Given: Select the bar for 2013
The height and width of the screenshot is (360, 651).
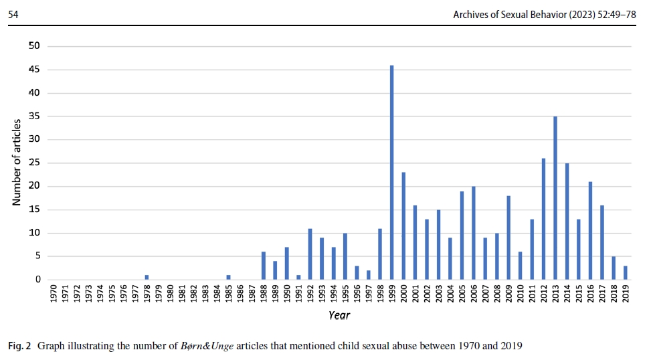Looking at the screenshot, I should point(555,198).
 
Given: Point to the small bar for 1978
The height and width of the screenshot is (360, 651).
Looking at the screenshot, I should point(147,278).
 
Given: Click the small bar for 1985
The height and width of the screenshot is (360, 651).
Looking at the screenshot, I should point(228,278).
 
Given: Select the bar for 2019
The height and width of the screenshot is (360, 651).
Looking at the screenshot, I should point(625,273).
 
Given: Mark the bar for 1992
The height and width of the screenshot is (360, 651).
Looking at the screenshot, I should point(310,254).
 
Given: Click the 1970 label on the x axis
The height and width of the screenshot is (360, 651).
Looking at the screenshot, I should point(54,295).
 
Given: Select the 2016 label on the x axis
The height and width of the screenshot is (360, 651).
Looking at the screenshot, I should point(590,295).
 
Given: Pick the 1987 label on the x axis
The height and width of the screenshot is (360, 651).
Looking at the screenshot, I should point(252,295).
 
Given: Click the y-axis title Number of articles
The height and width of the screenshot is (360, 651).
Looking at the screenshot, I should point(17,163).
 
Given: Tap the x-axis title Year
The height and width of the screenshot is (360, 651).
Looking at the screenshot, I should point(339,315).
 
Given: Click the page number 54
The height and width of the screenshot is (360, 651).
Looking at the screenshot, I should point(13,13).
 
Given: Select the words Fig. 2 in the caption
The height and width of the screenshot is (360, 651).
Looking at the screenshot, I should point(19,346).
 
